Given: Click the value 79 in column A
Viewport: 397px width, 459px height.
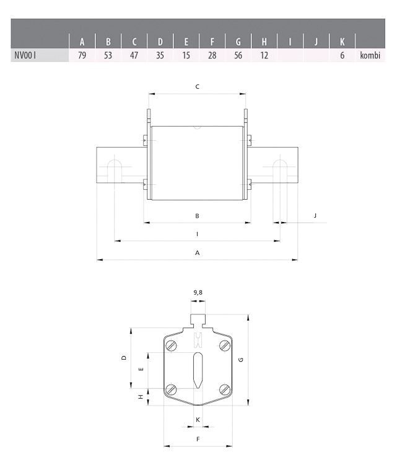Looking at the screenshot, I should coord(82,56).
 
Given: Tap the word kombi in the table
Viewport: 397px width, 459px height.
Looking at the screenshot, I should coord(369,56).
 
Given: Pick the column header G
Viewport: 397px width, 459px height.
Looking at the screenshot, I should coord(238,42).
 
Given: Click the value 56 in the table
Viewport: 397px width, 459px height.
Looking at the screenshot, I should coord(238,56).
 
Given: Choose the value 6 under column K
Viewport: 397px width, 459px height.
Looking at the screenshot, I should coord(342,56).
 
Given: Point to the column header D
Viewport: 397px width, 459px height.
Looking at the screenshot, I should coord(160,42).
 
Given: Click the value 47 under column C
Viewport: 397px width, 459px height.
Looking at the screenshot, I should coord(134,56).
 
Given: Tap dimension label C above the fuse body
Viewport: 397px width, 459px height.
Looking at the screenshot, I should coord(197,87).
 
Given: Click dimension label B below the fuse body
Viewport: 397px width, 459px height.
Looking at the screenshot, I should coord(197,216).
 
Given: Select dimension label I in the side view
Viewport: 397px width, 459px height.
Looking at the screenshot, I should coord(197,234).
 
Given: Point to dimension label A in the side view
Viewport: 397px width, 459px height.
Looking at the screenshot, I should coord(197,252).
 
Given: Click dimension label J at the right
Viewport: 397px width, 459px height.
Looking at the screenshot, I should coord(315,215).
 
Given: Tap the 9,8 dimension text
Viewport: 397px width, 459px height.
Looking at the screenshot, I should coord(198,291).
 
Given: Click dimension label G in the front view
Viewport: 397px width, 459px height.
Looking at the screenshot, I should coord(240,359).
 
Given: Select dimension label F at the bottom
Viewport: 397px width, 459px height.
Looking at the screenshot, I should coord(198,439).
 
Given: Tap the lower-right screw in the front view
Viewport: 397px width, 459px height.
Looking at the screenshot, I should coord(224,390).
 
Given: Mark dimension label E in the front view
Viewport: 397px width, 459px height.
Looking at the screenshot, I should coord(141,368).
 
